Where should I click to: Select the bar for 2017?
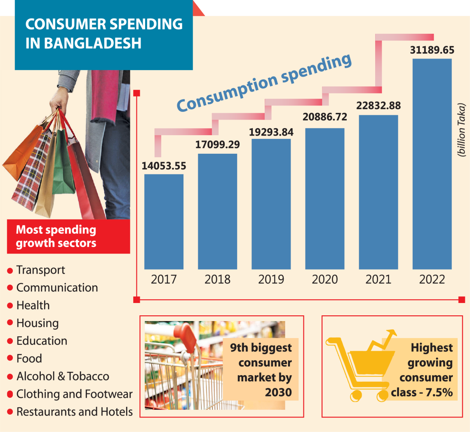pos(164,222)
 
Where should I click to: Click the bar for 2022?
pos(432,164)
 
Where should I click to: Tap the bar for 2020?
pos(324,199)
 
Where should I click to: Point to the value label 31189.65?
pos(432,50)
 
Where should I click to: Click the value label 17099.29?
pos(218,145)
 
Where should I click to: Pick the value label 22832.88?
pos(378,106)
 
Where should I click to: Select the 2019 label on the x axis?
pos(271,279)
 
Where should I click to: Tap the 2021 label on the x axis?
pos(378,279)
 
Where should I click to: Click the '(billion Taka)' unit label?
pos(461,130)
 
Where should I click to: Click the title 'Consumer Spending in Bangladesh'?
pos(104,33)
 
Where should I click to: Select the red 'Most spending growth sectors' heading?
pos(56,237)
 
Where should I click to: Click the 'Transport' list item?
pos(40,270)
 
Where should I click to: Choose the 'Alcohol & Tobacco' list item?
pos(63,376)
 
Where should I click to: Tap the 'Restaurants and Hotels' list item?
pos(74,412)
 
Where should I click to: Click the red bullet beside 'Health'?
pos(10,306)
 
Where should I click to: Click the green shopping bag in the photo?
pos(64,165)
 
